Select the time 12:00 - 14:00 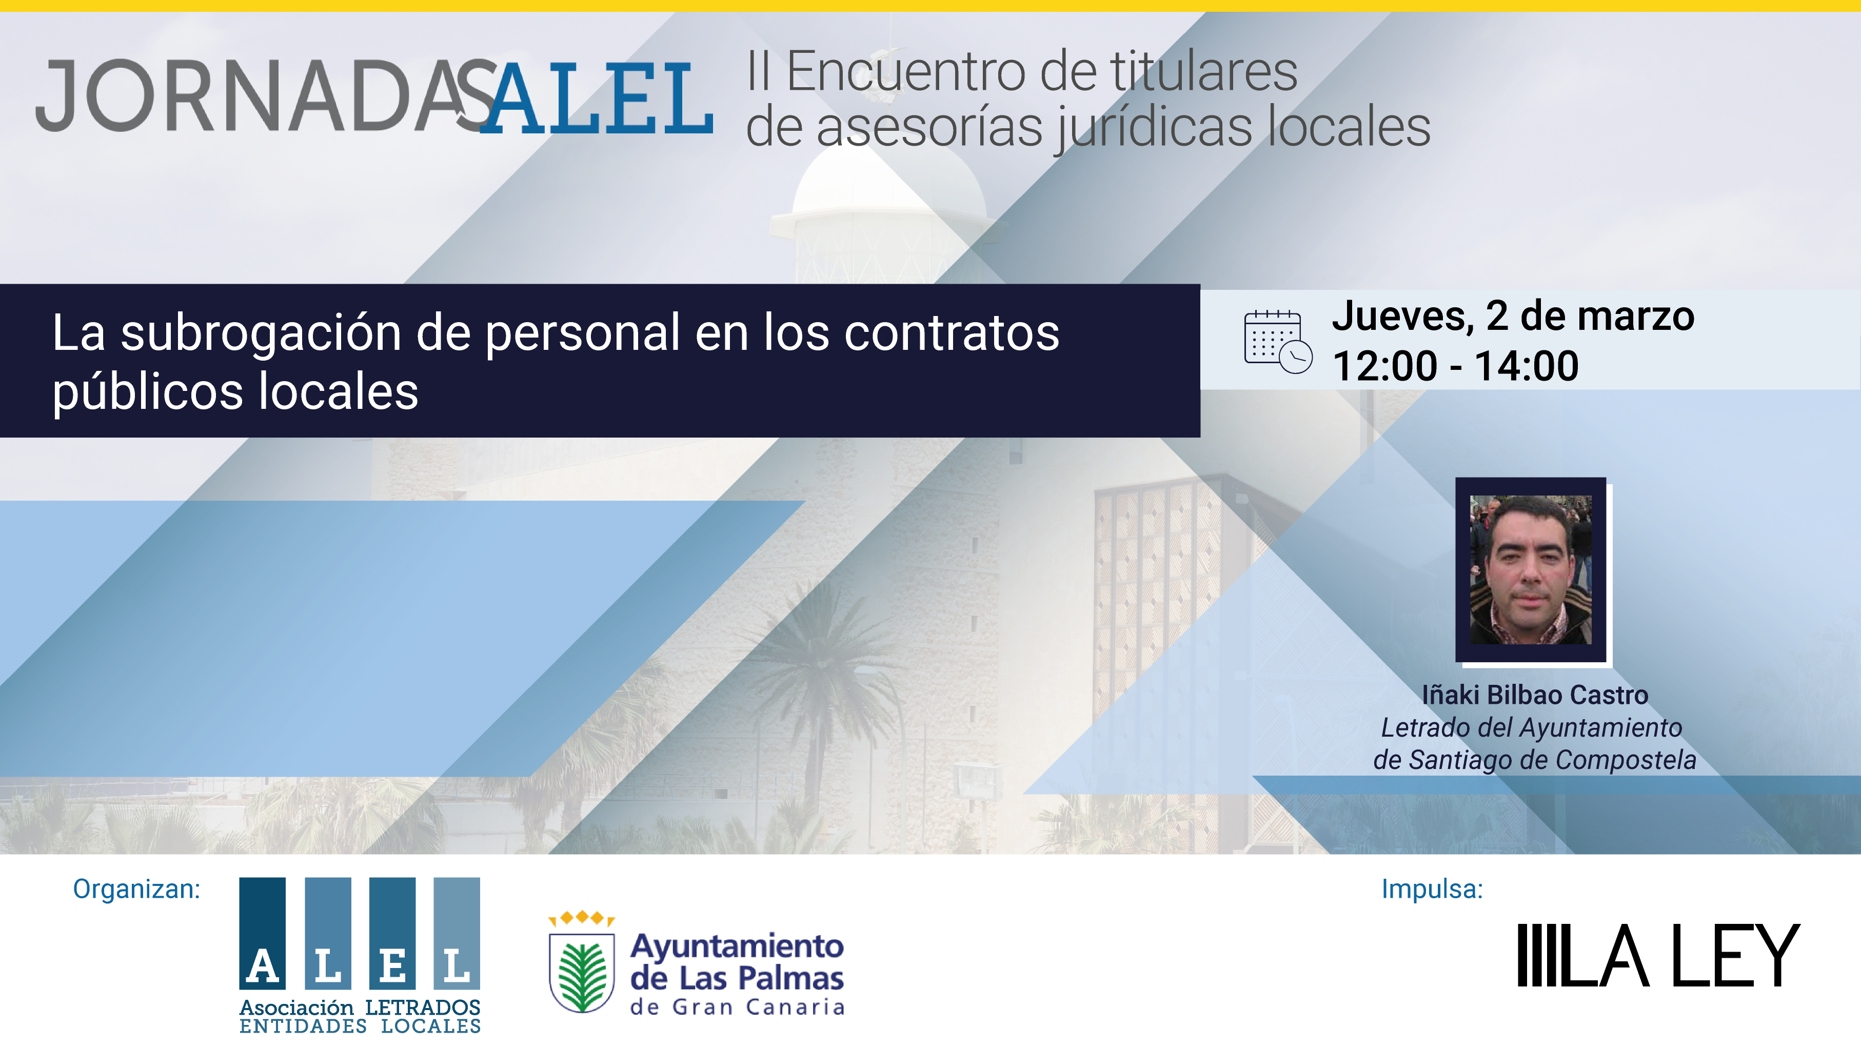click(1455, 366)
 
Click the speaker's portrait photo click(1531, 569)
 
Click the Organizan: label click(136, 889)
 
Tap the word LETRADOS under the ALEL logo click(423, 1008)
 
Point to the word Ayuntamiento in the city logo click(737, 946)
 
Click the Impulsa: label click(1432, 889)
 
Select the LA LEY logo click(1658, 955)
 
